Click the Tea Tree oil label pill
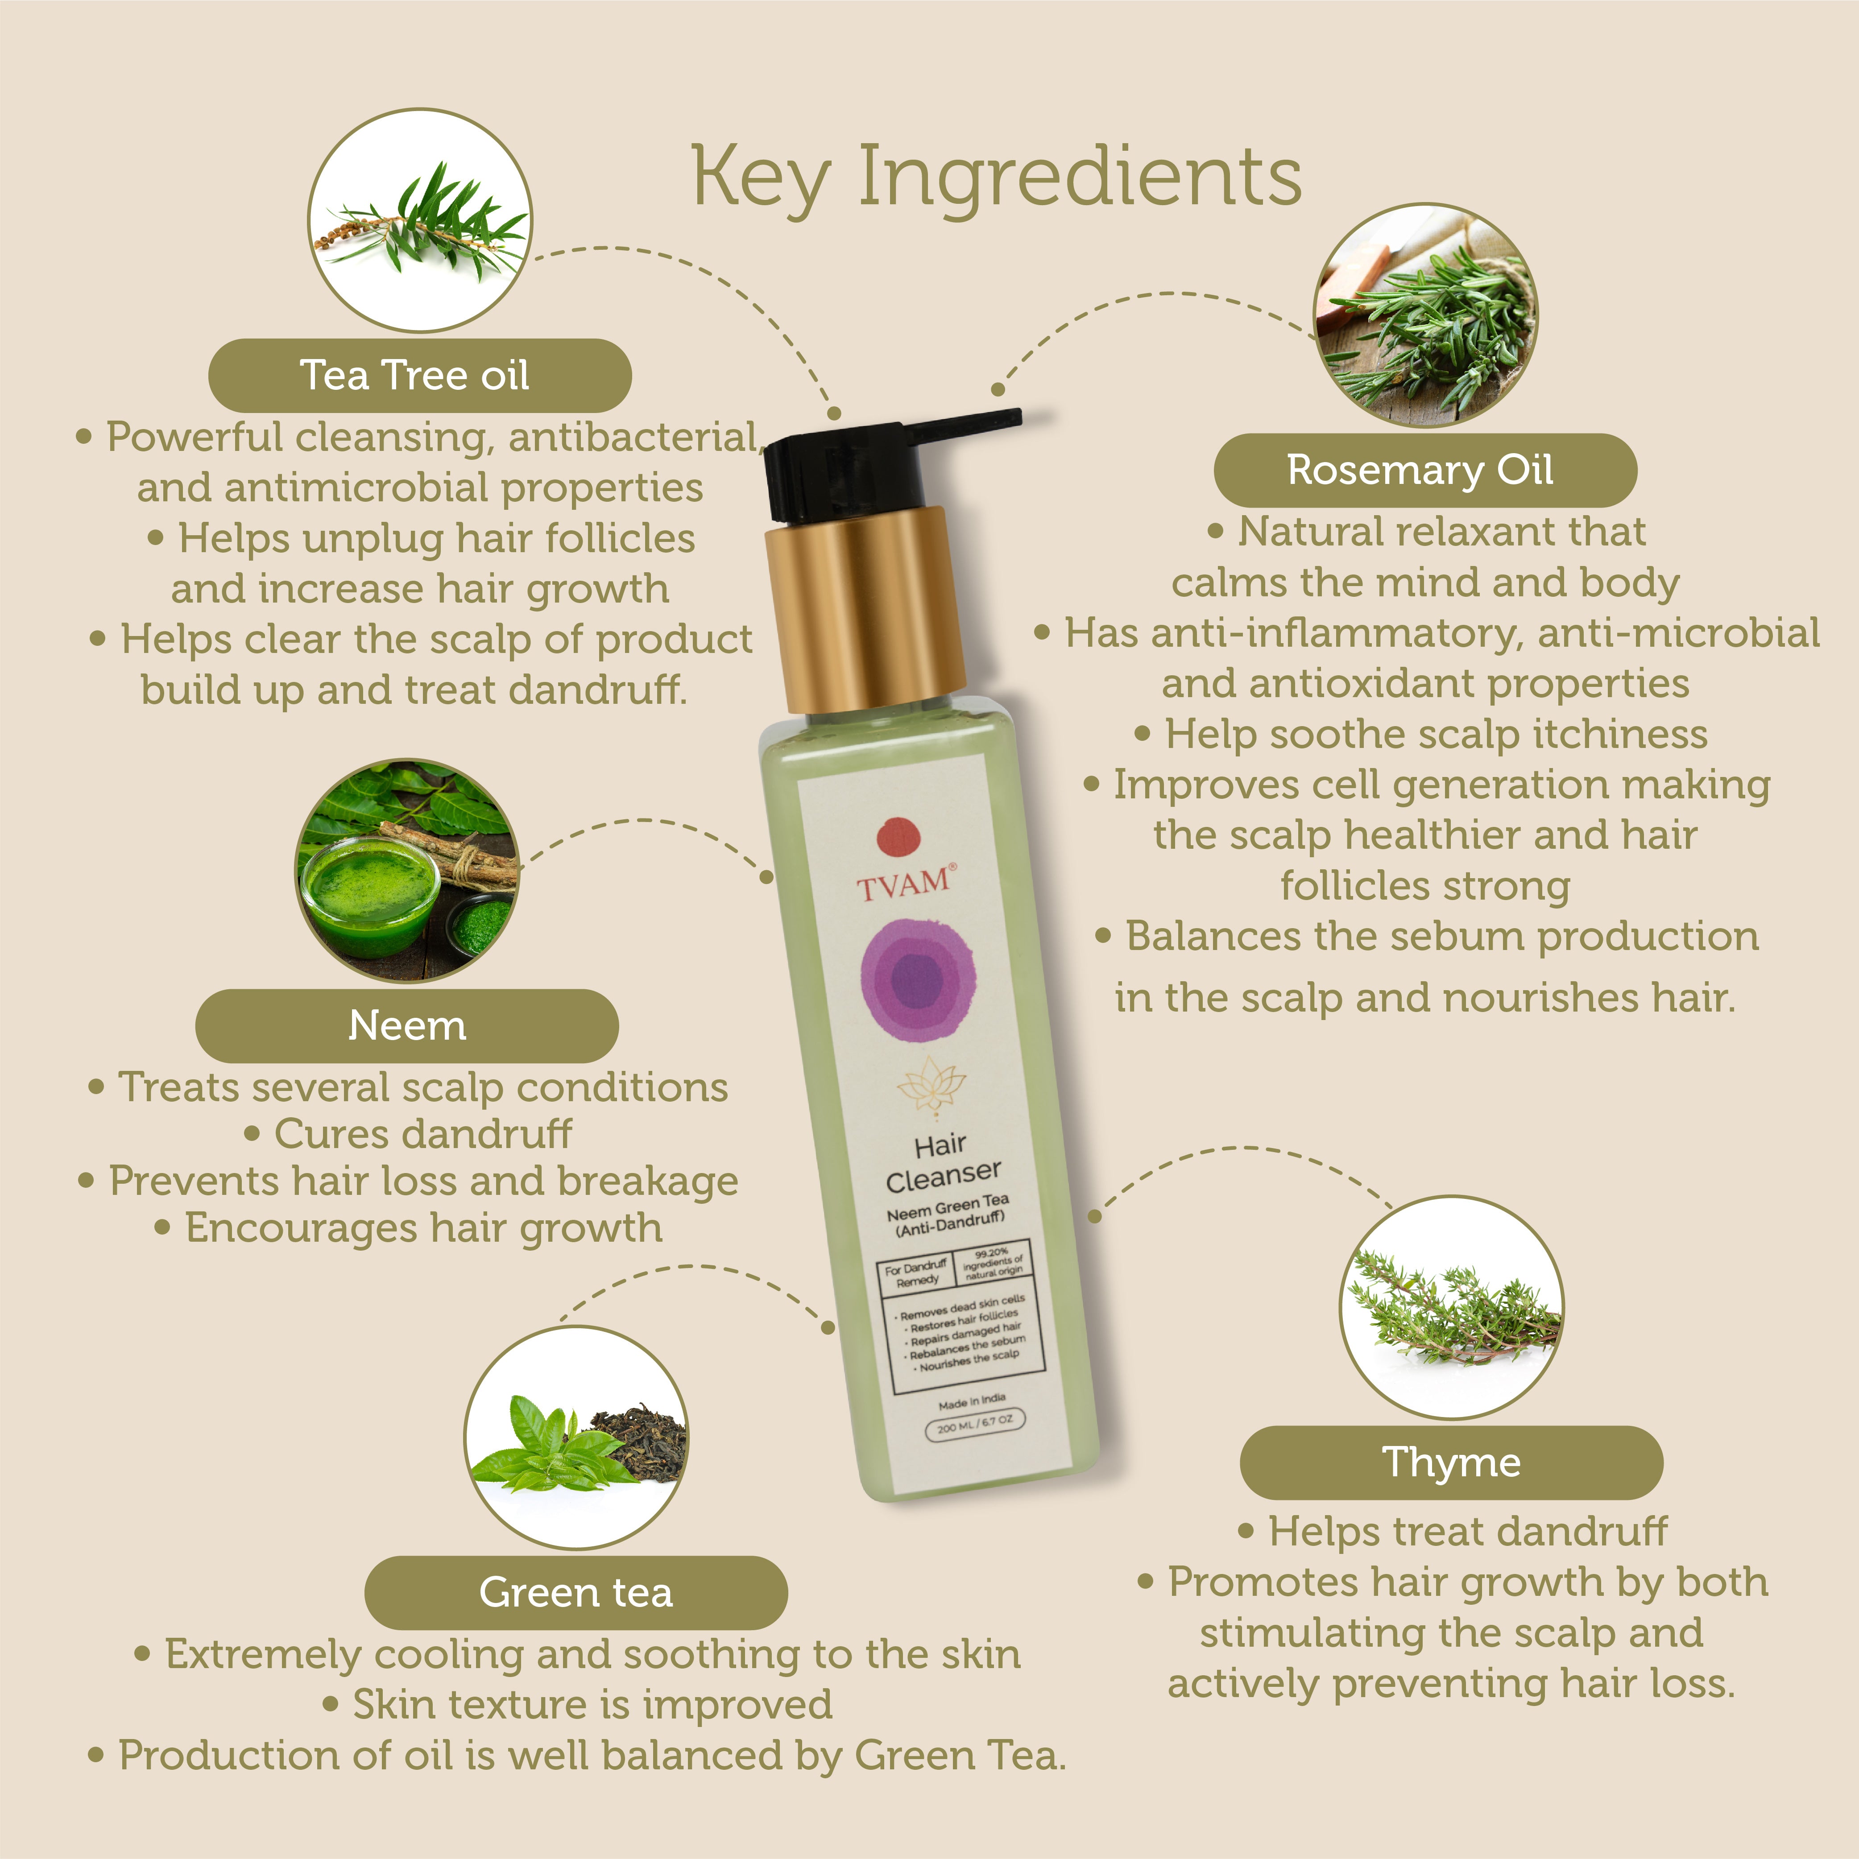[x=419, y=375]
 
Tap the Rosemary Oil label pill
[x=1425, y=471]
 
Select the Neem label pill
[x=407, y=1026]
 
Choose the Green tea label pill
[x=576, y=1592]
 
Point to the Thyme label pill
[x=1452, y=1462]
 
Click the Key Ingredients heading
[x=997, y=177]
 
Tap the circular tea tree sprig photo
[x=419, y=220]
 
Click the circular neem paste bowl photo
[x=407, y=871]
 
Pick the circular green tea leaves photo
[x=576, y=1438]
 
